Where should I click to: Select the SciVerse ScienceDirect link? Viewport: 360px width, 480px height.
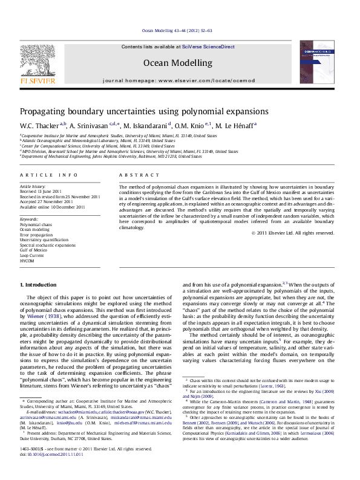[205, 47]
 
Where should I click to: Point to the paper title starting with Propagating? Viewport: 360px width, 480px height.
[136, 111]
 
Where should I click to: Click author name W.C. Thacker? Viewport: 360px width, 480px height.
[39, 126]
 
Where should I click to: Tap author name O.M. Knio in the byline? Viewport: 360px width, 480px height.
[189, 126]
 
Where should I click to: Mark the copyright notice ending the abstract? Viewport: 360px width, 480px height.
[293, 233]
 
